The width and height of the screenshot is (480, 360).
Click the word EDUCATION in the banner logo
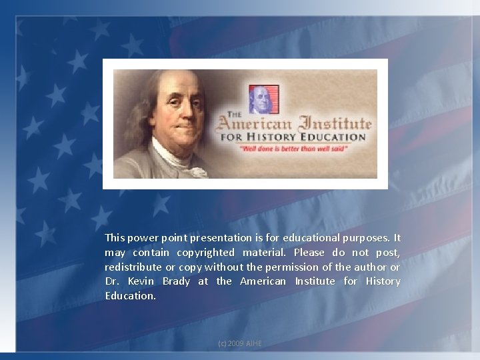coord(333,137)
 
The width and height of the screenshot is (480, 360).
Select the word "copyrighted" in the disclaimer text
coord(205,252)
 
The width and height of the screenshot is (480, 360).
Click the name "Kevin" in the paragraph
coord(141,281)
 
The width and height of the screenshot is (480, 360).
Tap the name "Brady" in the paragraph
coord(176,281)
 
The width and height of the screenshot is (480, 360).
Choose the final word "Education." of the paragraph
coord(130,296)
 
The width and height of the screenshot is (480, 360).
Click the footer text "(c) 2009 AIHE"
coord(240,343)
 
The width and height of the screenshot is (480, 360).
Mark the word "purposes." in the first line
coord(366,237)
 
